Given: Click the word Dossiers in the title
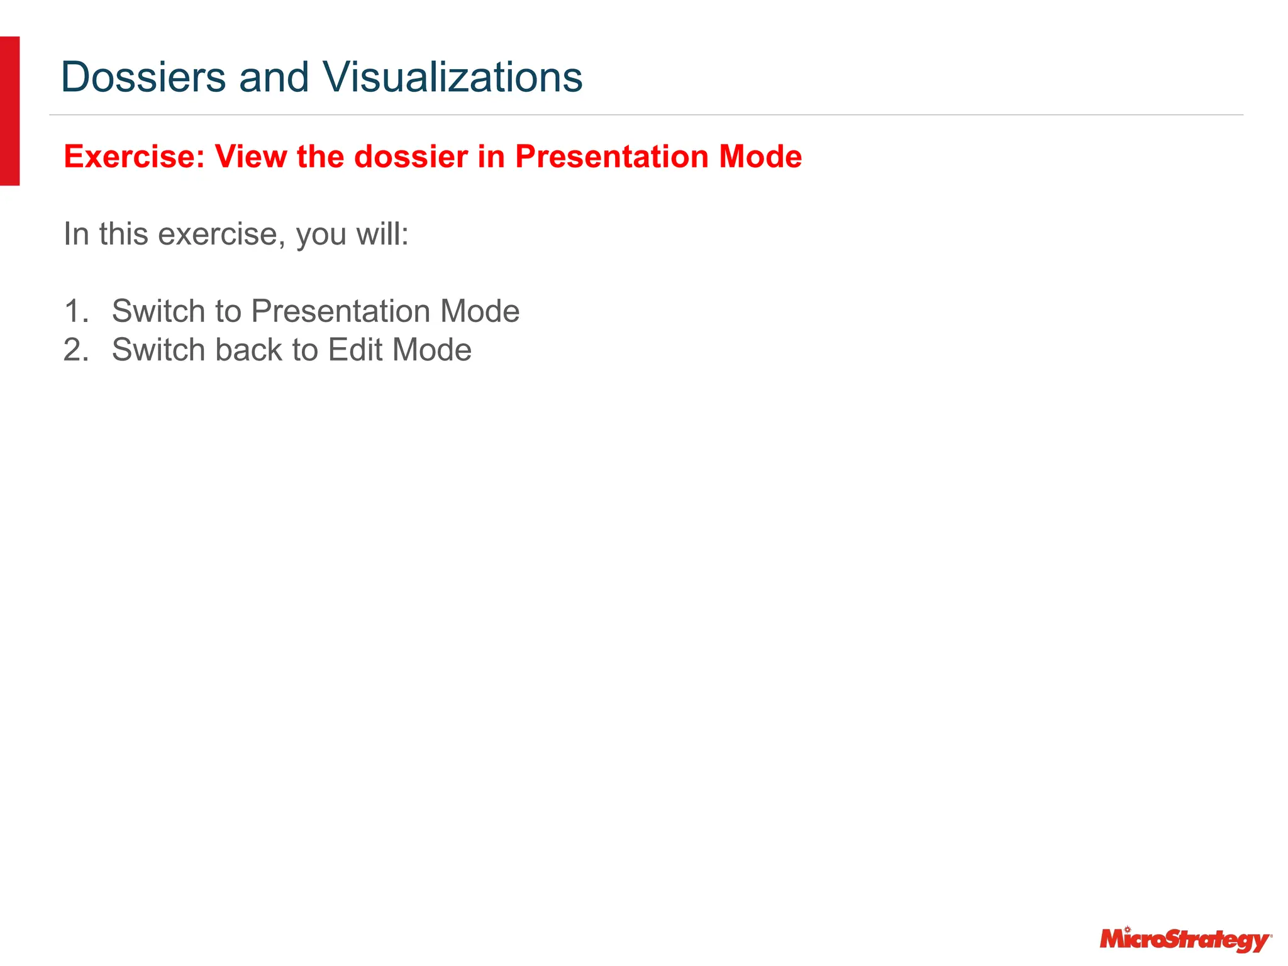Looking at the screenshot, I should [143, 77].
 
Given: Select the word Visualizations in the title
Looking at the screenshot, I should [452, 77].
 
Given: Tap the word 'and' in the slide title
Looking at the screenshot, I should [274, 77].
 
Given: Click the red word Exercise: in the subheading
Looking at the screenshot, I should [135, 157].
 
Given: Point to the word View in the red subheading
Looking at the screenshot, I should [251, 157].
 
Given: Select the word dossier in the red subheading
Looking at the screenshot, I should [411, 157].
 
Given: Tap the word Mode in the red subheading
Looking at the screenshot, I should [760, 157].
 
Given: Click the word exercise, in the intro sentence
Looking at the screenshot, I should [218, 234].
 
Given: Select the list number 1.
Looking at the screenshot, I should [76, 311].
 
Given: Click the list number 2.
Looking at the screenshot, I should [76, 350].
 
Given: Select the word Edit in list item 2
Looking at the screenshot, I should [355, 350].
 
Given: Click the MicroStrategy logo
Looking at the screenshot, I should [1185, 940].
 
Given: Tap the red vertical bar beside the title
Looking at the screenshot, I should [9, 111].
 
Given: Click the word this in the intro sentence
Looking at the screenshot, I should [124, 234].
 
